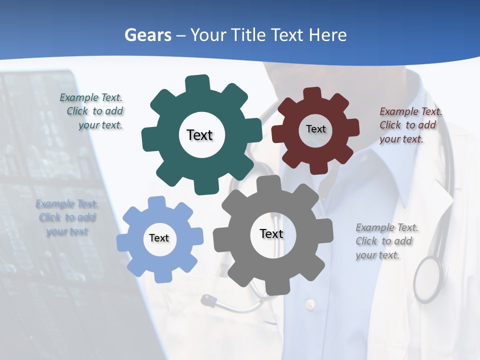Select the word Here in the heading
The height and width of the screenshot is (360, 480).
[x=327, y=35]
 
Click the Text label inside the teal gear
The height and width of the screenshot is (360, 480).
[x=199, y=135]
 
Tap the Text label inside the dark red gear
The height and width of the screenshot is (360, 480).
[x=315, y=129]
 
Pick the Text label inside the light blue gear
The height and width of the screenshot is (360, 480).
[x=159, y=238]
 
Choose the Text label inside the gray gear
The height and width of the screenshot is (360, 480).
[x=271, y=233]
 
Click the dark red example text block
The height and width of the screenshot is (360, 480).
[x=410, y=125]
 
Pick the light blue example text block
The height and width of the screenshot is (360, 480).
[x=66, y=217]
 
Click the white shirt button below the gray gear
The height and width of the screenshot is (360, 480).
[x=310, y=303]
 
